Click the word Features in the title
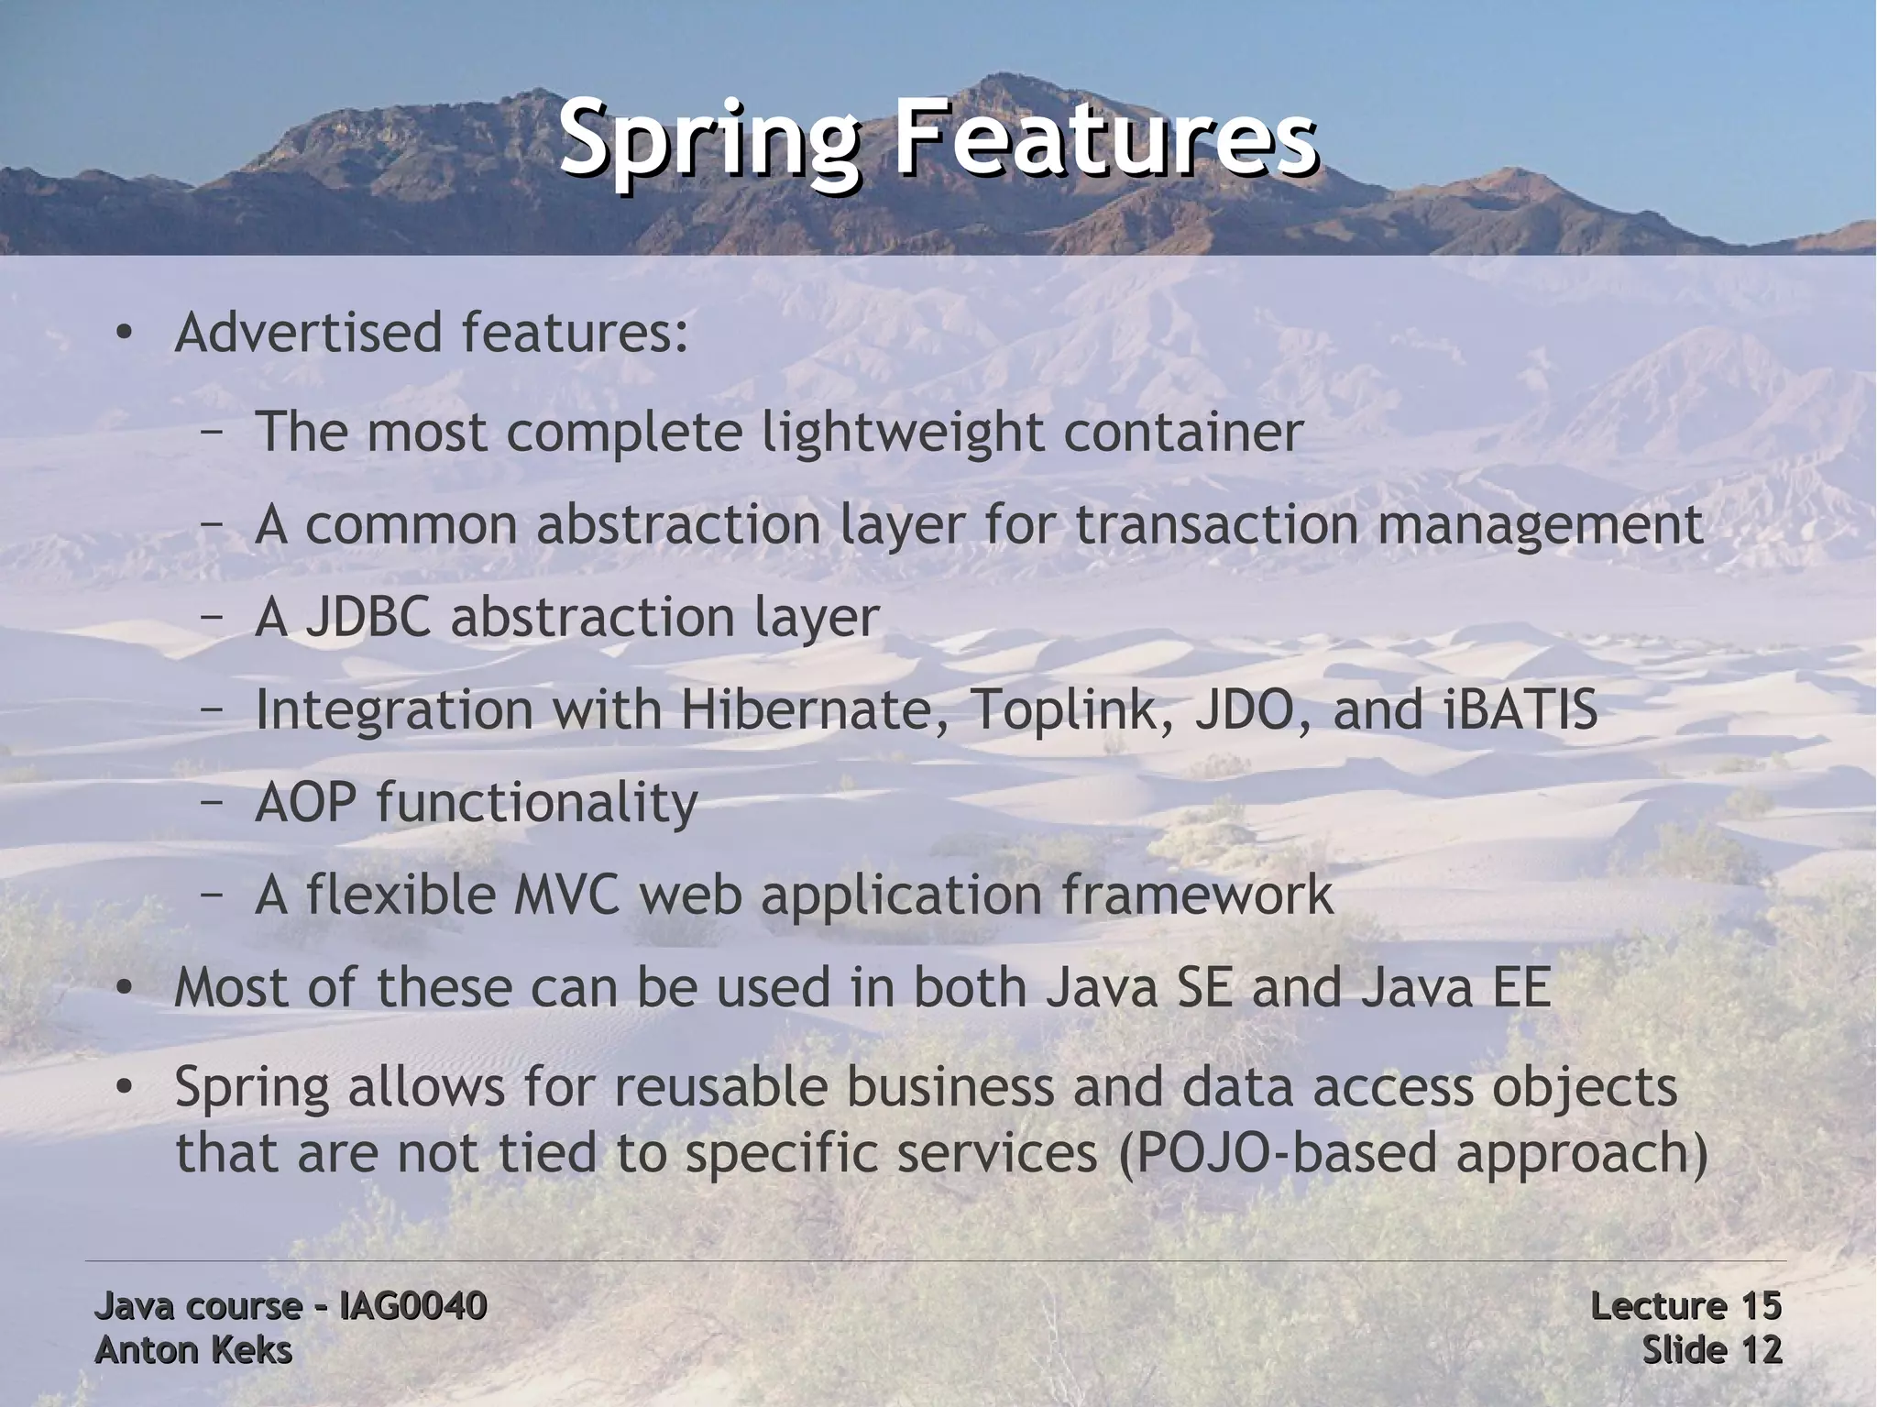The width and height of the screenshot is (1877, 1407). (x=1105, y=140)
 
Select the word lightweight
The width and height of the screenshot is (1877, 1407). (x=903, y=432)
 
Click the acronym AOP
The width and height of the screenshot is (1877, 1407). (x=305, y=802)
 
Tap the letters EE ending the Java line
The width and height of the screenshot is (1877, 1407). (x=1519, y=988)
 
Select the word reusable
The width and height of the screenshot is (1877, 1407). (x=721, y=1088)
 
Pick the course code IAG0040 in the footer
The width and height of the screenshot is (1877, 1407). (x=412, y=1306)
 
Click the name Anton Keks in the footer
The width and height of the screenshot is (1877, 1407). (x=193, y=1350)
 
